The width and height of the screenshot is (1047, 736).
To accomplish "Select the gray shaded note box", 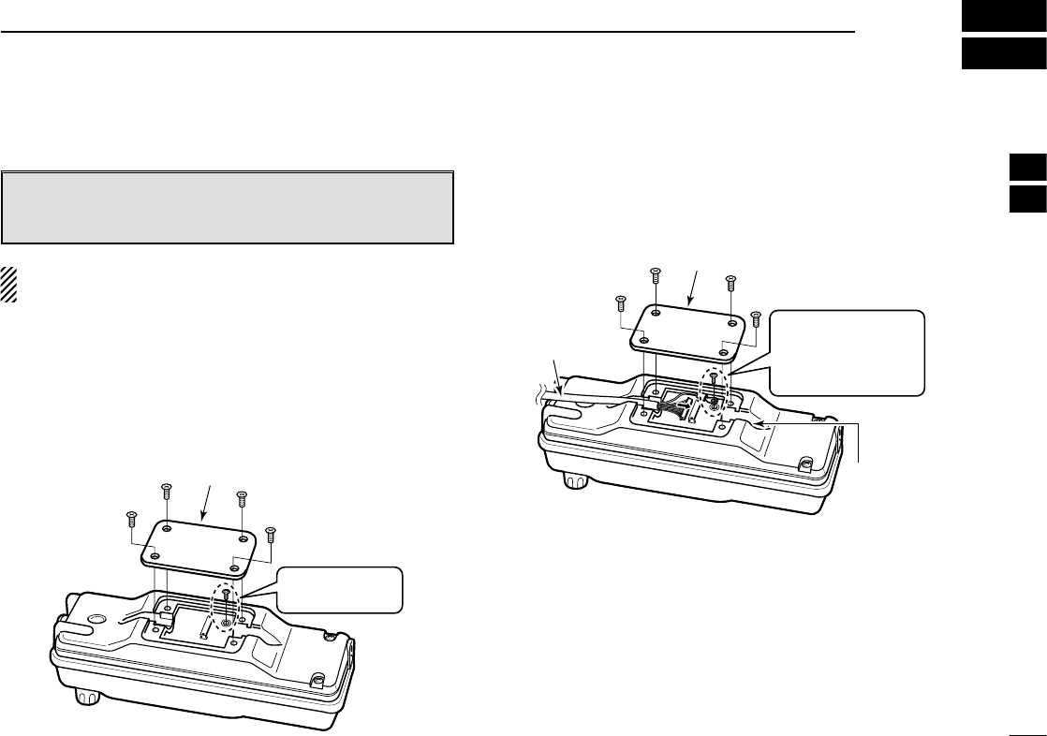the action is pyautogui.click(x=228, y=207).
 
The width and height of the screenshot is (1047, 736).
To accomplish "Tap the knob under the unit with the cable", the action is pyautogui.click(x=572, y=481).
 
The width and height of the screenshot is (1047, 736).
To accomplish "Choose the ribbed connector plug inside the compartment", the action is pyautogui.click(x=674, y=410).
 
